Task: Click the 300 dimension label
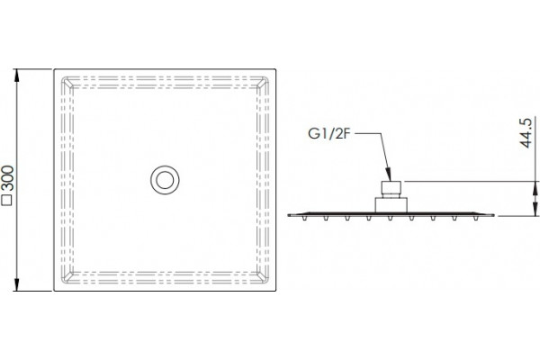[8, 178]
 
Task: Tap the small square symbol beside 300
[7, 201]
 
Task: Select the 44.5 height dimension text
[526, 133]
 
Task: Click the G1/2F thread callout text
[328, 134]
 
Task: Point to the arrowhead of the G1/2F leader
[389, 175]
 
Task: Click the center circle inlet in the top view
[165, 180]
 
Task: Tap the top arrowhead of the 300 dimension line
[16, 76]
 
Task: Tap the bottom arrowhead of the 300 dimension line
[16, 284]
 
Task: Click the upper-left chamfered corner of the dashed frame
[67, 82]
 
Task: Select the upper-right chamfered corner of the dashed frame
[263, 82]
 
